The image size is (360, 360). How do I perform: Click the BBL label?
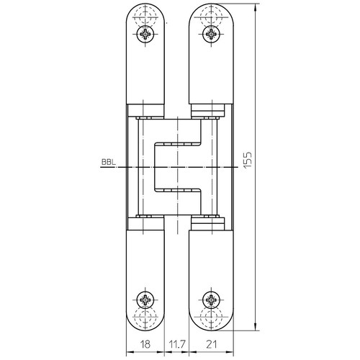coord(109,162)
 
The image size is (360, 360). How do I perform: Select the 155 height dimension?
coord(248,160)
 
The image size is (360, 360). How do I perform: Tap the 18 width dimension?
coord(145,344)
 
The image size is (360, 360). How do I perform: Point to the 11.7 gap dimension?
coord(177,344)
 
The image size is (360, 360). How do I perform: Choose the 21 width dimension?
coord(211,344)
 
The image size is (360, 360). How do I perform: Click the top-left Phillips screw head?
coord(145,34)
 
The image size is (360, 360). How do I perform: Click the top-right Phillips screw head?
coord(211,34)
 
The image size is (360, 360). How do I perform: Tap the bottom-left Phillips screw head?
coord(145,300)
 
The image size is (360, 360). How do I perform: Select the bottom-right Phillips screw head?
coord(211,300)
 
